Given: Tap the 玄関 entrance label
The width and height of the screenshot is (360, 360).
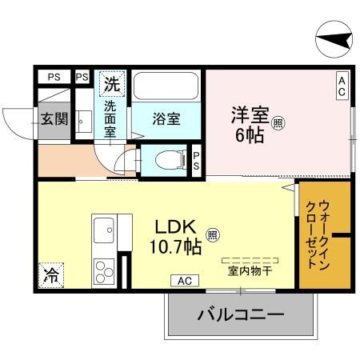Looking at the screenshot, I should [54, 119].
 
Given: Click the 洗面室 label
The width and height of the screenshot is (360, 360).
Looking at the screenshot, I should [112, 118].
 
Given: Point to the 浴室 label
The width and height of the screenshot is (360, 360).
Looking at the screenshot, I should [166, 118].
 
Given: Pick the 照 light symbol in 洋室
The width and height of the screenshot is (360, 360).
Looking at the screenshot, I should [277, 123].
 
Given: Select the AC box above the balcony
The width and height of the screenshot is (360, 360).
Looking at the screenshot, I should [184, 281].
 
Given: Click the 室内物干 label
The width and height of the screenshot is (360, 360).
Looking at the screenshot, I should [250, 270].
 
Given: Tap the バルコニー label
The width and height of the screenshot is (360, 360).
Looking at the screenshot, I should [240, 314].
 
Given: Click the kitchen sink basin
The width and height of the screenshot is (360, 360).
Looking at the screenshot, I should [105, 233].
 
